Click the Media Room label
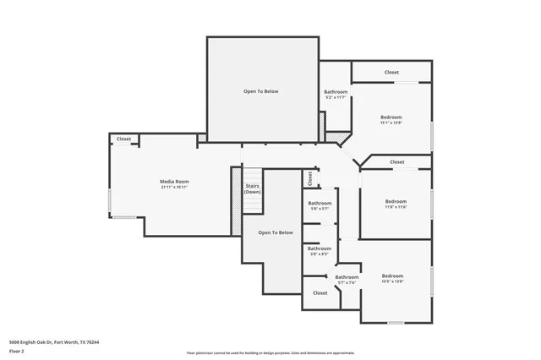point(174,182)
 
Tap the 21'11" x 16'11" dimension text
point(174,188)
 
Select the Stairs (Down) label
point(252,188)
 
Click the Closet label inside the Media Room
point(123,139)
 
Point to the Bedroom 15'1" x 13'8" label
point(391,117)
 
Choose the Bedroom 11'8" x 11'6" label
point(396,201)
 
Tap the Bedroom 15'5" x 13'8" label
point(392,276)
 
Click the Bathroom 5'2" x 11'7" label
point(336,91)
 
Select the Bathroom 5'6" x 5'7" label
point(320,203)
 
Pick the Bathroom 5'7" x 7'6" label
point(347,277)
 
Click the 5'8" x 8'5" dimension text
point(320,254)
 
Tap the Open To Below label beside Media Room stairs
point(275,232)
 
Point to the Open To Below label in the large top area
point(261,90)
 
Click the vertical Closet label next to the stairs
point(310,177)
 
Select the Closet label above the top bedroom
point(391,73)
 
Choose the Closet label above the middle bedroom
point(396,161)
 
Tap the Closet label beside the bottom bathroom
point(320,292)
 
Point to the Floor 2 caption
point(16,351)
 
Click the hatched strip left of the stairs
point(236,197)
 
